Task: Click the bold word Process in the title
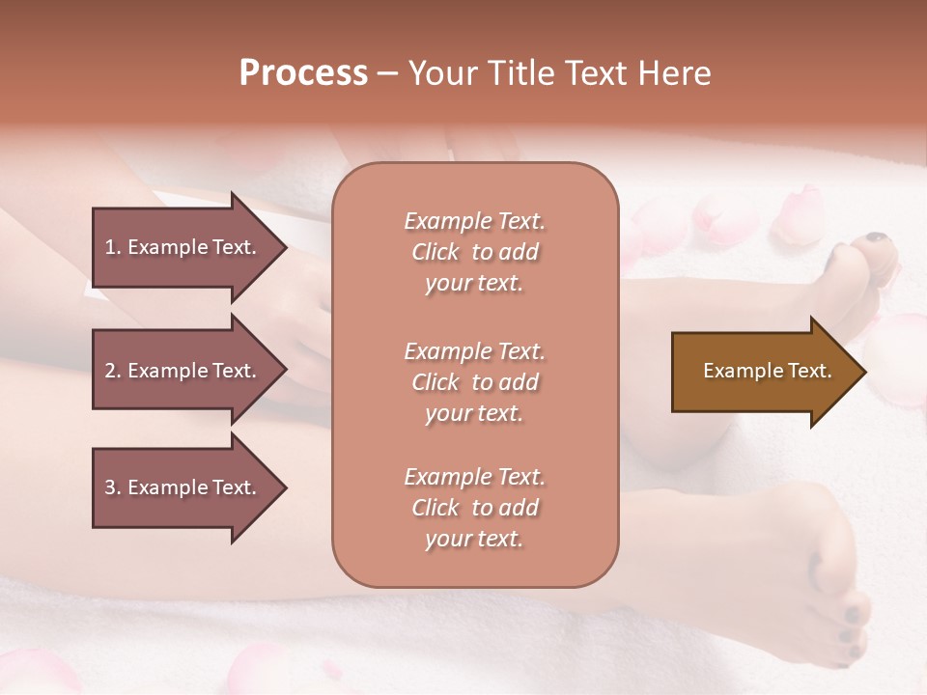coord(303,73)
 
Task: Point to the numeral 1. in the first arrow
coord(113,247)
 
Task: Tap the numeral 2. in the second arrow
coord(113,371)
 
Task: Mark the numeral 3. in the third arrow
coord(113,487)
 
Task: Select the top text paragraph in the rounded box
coord(474,252)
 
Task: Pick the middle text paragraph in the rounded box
coord(474,382)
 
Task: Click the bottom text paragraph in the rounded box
coord(474,508)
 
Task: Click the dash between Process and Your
coord(387,73)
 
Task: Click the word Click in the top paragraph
coord(435,252)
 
